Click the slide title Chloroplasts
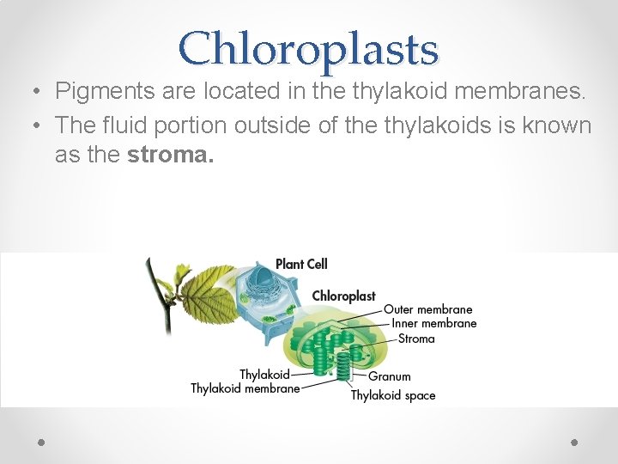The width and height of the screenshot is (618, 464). click(308, 48)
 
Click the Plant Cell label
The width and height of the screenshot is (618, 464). click(300, 264)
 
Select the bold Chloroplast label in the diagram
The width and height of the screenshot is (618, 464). click(343, 296)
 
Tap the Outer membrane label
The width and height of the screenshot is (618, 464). click(427, 309)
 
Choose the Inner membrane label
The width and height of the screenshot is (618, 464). click(433, 324)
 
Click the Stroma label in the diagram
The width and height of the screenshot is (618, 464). click(416, 339)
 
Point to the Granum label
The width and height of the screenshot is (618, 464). click(390, 375)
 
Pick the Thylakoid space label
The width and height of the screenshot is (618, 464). click(392, 395)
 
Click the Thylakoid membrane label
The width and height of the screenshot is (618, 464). click(245, 388)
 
